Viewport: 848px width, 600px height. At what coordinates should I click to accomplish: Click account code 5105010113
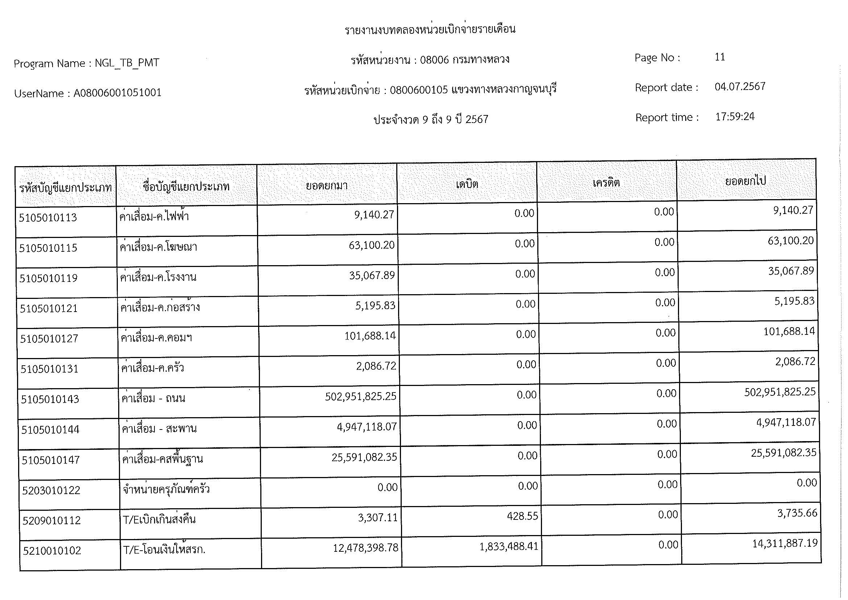point(48,218)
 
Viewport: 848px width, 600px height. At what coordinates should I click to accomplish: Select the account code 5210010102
point(52,551)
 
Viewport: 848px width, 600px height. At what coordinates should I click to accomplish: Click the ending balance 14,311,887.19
point(785,543)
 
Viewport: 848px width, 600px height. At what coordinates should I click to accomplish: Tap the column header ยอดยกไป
point(745,181)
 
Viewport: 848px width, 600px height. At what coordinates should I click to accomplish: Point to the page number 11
point(720,57)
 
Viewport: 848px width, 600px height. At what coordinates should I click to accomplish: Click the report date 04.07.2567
point(740,87)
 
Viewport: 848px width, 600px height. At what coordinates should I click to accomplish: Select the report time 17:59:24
point(735,117)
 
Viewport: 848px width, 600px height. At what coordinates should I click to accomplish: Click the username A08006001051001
point(117,93)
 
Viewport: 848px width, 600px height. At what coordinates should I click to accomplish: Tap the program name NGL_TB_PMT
point(127,63)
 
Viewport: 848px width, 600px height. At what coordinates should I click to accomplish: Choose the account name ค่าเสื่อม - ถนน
point(153,399)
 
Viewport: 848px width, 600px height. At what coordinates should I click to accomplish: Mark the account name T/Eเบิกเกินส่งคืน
point(159,520)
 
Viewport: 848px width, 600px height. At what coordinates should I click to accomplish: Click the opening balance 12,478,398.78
point(365,548)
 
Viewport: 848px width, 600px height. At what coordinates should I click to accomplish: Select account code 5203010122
point(51,491)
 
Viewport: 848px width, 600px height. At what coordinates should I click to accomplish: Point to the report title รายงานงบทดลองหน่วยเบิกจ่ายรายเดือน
point(430,29)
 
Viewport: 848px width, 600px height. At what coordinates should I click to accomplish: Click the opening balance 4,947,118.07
point(367,427)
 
